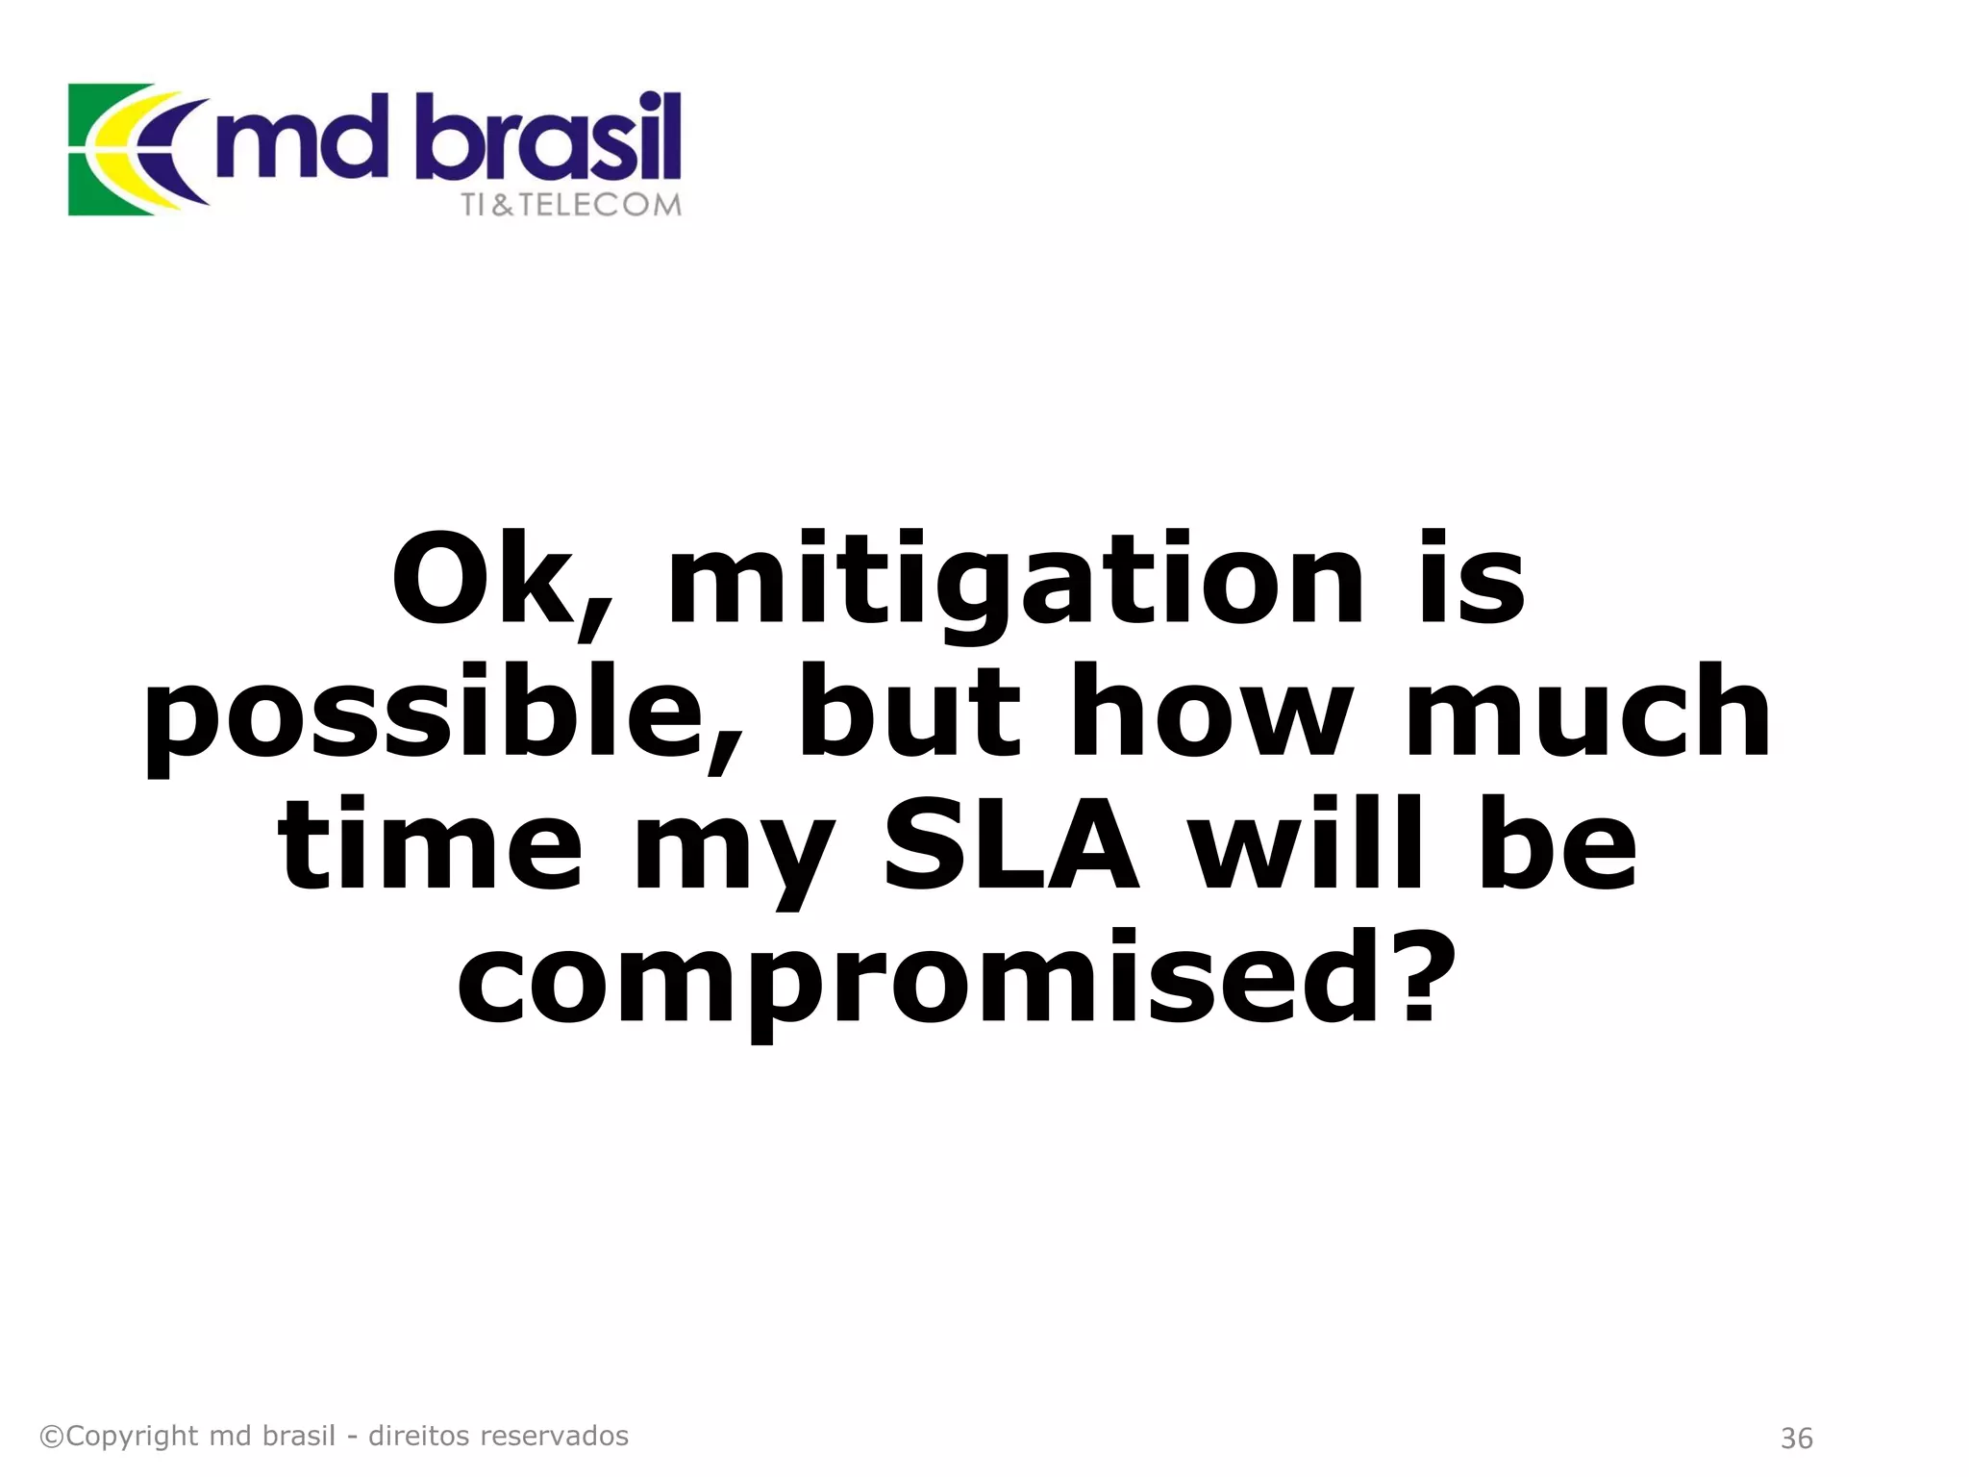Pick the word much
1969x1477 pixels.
[x=1587, y=713]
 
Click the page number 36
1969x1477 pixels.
[x=1796, y=1439]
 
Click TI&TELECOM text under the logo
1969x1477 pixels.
[x=571, y=205]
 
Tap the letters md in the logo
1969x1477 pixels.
[x=300, y=139]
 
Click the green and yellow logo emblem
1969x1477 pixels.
[x=130, y=149]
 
